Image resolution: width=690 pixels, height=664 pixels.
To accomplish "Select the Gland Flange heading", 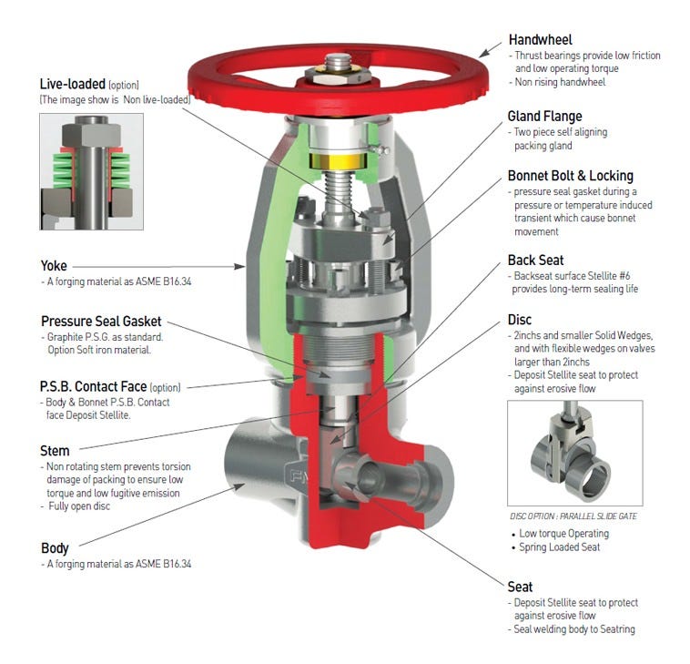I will (x=544, y=117).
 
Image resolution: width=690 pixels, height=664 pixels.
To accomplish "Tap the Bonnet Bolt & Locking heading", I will (x=570, y=176).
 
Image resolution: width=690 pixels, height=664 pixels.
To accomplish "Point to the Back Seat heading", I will (x=535, y=260).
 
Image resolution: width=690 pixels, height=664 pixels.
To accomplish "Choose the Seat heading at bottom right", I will (x=520, y=587).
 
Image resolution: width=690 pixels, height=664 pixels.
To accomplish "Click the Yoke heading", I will (x=54, y=266).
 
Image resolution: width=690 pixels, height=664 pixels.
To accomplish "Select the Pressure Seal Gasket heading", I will (x=101, y=321).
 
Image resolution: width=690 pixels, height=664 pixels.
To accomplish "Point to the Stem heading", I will (x=55, y=450).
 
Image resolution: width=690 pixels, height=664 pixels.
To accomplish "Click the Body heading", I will (x=55, y=548).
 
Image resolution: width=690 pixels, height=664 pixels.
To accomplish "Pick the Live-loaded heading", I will (x=73, y=84).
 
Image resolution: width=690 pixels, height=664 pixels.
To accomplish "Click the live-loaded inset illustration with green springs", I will (x=91, y=170).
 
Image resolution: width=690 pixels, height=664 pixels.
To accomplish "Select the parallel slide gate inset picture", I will (x=574, y=453).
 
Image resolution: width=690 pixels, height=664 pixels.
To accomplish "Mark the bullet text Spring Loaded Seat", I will (x=563, y=548).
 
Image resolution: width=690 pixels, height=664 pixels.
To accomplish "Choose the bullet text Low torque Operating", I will (x=565, y=534).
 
